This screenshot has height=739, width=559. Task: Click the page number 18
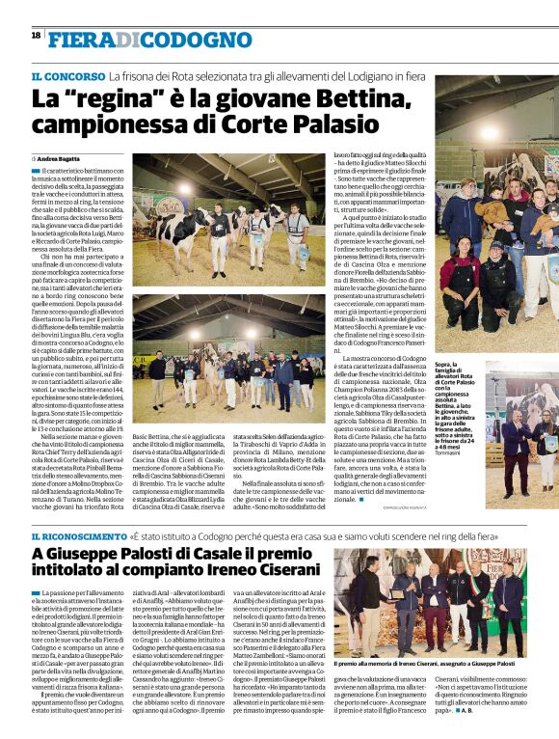coord(36,35)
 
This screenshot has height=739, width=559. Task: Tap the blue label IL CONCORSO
coord(67,75)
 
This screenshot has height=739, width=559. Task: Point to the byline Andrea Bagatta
coord(61,156)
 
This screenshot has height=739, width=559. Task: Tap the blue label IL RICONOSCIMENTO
coord(78,535)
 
